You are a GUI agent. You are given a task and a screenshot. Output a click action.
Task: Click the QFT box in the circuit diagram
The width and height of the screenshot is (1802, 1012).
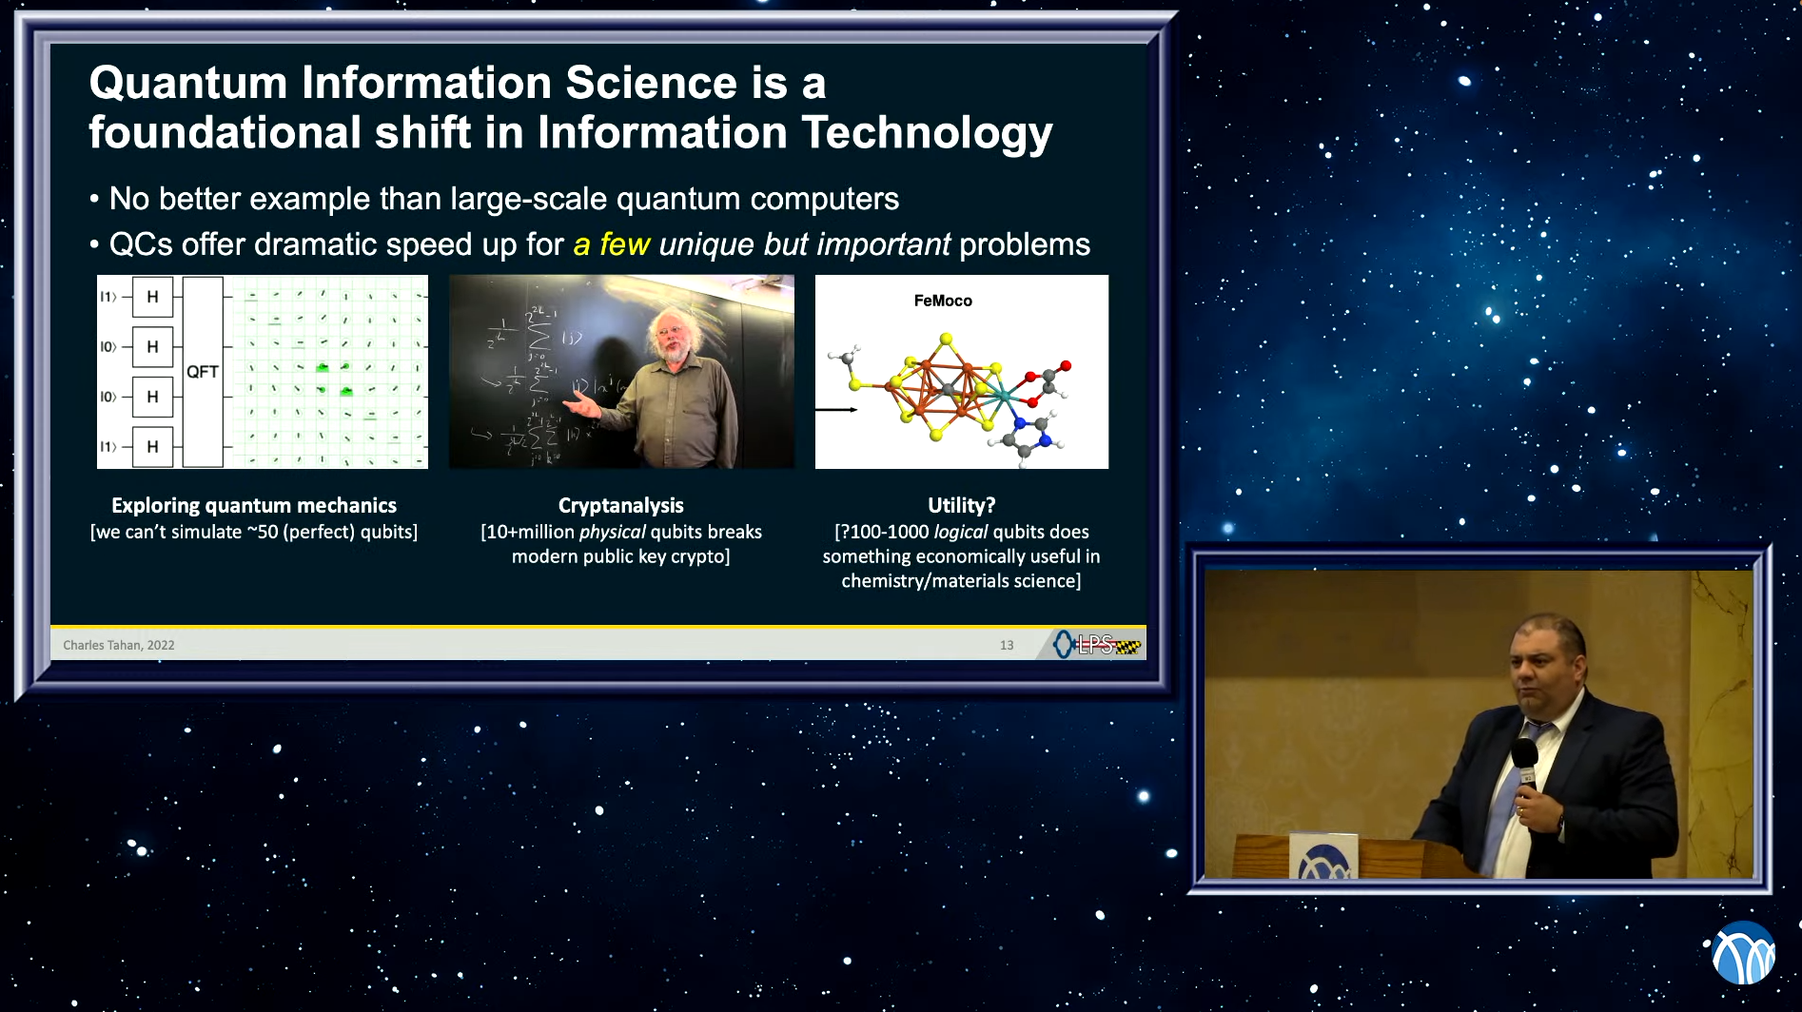pyautogui.click(x=202, y=372)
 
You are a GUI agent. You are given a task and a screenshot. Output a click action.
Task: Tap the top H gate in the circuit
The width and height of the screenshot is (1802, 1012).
pyautogui.click(x=152, y=297)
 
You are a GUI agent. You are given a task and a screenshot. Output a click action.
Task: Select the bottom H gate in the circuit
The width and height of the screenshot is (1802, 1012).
pyautogui.click(x=152, y=447)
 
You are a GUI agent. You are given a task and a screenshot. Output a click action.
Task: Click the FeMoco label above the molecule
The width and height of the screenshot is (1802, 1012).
pyautogui.click(x=942, y=301)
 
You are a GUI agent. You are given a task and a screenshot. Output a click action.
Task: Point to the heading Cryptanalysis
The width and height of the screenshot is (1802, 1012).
pyautogui.click(x=620, y=506)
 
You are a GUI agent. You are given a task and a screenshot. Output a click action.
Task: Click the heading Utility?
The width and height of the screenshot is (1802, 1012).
pyautogui.click(x=961, y=506)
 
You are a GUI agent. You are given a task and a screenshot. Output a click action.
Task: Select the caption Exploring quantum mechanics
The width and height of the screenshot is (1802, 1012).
pyautogui.click(x=253, y=506)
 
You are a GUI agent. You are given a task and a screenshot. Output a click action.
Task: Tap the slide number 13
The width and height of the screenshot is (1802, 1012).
pyautogui.click(x=1006, y=645)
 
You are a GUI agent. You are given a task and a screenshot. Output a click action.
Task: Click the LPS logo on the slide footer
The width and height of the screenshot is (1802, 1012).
pyautogui.click(x=1096, y=645)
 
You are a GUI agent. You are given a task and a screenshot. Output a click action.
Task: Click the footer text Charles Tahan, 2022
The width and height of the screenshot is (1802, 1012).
pyautogui.click(x=119, y=645)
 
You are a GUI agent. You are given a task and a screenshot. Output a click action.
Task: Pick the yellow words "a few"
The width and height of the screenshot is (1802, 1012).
pyautogui.click(x=611, y=244)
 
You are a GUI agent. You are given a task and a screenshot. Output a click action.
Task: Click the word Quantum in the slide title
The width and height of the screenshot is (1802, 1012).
pyautogui.click(x=187, y=84)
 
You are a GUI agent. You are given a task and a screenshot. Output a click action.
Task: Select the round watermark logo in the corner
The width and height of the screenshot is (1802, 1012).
pyautogui.click(x=1743, y=953)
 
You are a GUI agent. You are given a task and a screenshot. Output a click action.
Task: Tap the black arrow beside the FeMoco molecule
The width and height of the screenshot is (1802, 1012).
pyautogui.click(x=836, y=410)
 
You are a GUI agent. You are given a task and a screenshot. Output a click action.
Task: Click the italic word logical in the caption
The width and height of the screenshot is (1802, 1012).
pyautogui.click(x=960, y=533)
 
